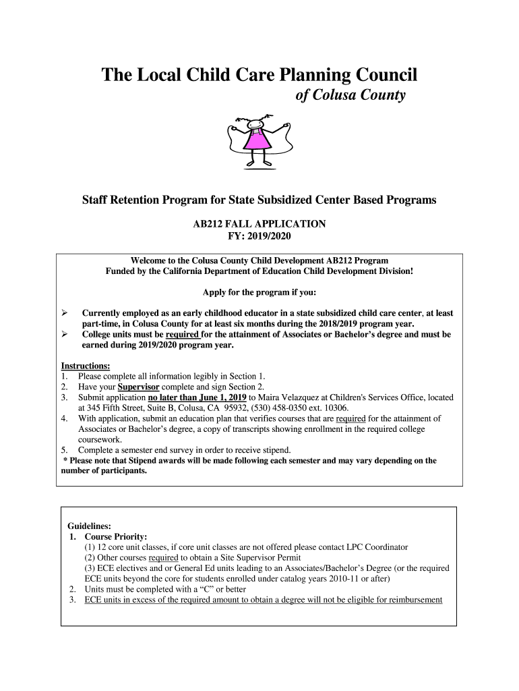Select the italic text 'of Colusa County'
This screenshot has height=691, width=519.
click(351, 95)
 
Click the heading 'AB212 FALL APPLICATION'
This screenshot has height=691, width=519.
click(259, 223)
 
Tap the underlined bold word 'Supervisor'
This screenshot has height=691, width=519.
click(138, 387)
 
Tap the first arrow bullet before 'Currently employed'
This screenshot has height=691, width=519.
click(65, 313)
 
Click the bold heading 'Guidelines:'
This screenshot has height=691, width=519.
click(90, 526)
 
